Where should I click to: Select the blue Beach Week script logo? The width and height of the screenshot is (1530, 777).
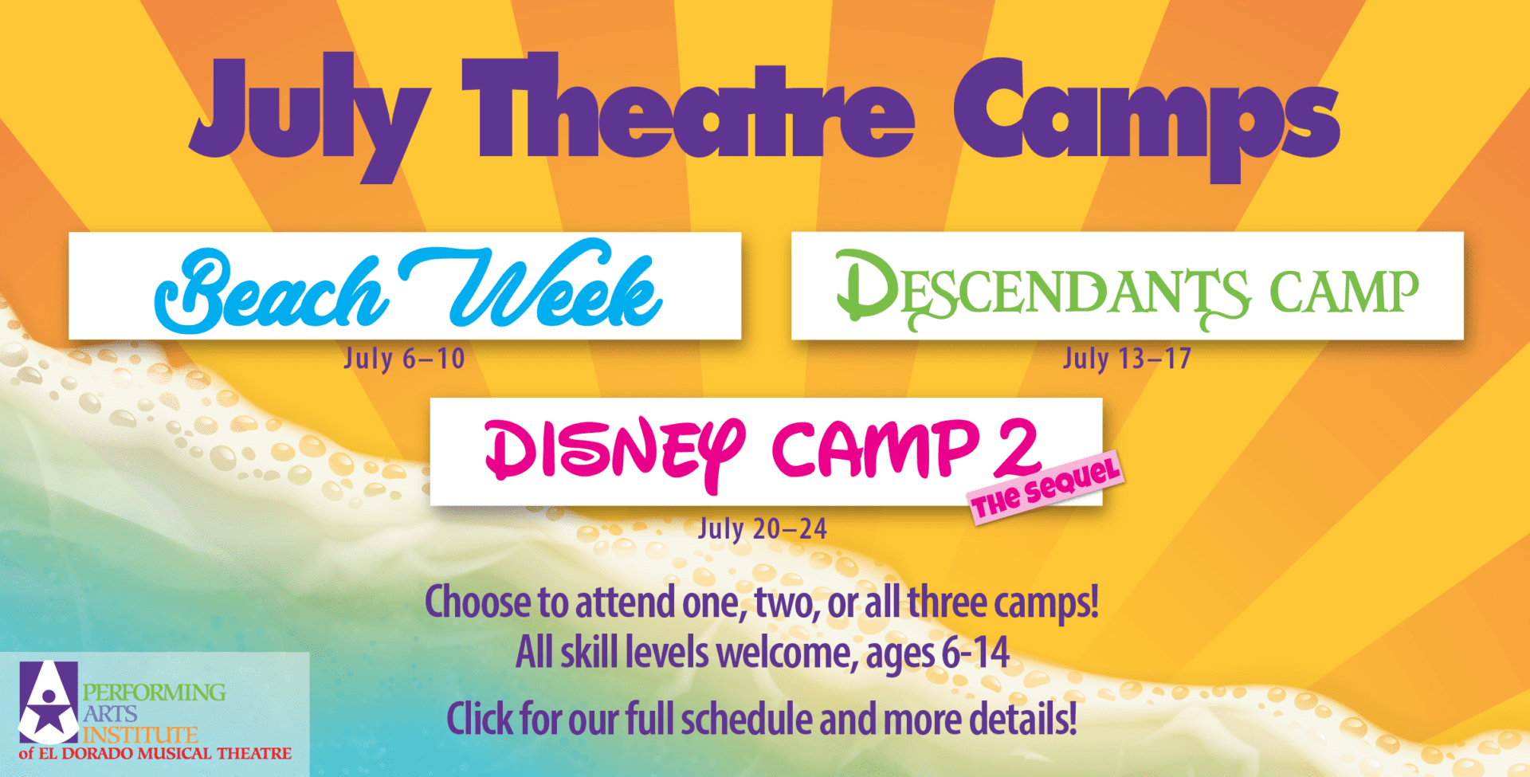[x=408, y=287]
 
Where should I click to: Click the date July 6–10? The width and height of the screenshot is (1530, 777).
[x=404, y=359]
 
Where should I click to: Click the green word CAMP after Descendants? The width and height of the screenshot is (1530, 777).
[x=1344, y=292]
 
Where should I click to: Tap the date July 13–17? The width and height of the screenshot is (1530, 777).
[x=1127, y=359]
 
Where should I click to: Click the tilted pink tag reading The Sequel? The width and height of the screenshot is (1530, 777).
[x=1046, y=488]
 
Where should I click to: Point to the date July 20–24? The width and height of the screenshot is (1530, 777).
[x=763, y=528]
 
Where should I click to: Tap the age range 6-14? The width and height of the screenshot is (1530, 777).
[x=976, y=653]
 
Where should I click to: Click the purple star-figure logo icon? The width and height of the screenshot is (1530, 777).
[x=49, y=701]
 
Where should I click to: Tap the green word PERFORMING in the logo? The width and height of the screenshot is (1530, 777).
[x=155, y=692]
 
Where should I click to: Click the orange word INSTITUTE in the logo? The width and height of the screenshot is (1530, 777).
[x=141, y=734]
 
